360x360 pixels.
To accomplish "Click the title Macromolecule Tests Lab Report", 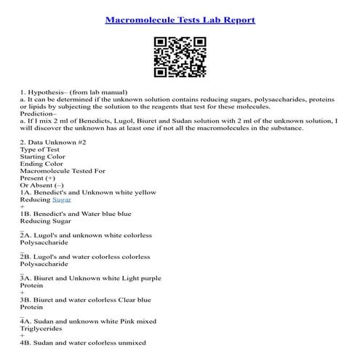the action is point(180,20).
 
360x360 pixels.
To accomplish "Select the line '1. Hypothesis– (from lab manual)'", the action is point(74,93).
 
